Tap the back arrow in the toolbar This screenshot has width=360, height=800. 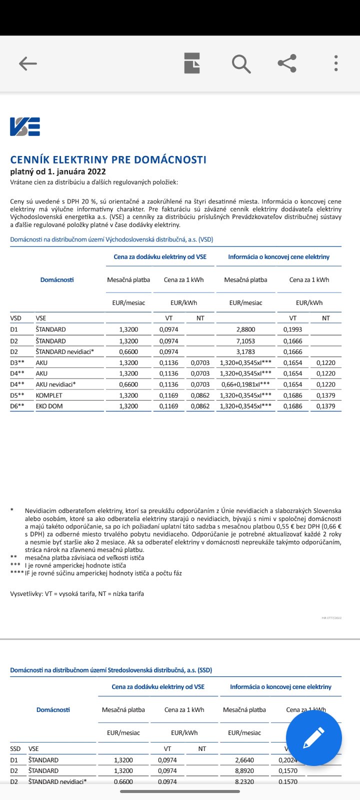(x=28, y=63)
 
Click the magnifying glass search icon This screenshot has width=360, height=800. (x=241, y=63)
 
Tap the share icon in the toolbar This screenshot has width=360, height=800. (x=287, y=63)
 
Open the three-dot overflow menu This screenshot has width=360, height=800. (x=336, y=63)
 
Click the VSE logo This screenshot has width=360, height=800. (x=25, y=126)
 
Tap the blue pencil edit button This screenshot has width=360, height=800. (x=313, y=738)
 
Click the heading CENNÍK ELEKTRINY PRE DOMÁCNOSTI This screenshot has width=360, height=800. (x=108, y=160)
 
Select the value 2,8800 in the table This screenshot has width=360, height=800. (x=245, y=329)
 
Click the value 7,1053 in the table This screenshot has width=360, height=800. (x=245, y=341)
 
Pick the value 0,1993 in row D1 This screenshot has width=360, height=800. (x=292, y=329)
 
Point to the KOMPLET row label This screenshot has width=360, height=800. (x=49, y=395)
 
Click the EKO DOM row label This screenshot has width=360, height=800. (x=49, y=406)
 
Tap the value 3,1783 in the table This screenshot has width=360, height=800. (x=245, y=352)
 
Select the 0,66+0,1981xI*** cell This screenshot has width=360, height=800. (x=245, y=384)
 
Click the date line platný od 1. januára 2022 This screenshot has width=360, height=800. (x=58, y=171)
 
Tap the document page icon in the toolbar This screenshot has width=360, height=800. (x=192, y=63)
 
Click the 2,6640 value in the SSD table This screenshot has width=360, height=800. (x=244, y=760)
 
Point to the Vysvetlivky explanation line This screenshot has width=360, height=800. (x=77, y=594)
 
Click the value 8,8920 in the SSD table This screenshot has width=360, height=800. (x=244, y=771)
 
